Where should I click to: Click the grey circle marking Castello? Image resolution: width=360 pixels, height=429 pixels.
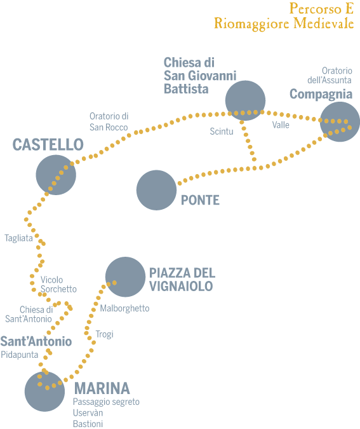click(56, 175)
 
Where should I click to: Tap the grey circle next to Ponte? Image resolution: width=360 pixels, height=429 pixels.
click(156, 190)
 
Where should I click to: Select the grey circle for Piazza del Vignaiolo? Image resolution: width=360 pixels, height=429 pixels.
click(126, 277)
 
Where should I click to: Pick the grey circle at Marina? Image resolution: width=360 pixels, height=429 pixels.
click(44, 392)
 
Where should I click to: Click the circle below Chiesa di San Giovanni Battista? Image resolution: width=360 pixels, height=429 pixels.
click(245, 100)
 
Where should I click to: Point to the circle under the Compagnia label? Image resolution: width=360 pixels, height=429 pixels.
click(340, 122)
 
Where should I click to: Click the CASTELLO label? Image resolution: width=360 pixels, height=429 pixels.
click(48, 144)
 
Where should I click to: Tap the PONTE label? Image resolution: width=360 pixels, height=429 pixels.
click(200, 200)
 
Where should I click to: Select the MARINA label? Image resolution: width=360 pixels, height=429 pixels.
click(102, 388)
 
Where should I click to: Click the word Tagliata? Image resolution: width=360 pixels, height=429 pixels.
click(18, 238)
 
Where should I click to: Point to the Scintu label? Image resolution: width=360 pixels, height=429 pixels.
click(222, 132)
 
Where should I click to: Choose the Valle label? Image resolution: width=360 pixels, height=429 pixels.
click(281, 125)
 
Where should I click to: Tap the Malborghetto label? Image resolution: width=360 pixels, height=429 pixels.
click(124, 309)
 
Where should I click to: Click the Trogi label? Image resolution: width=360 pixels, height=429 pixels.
click(104, 334)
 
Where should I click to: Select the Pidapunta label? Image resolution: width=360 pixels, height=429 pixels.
click(20, 355)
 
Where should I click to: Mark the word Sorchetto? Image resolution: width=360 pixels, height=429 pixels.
click(58, 289)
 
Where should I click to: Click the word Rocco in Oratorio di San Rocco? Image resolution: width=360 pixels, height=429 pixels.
click(116, 128)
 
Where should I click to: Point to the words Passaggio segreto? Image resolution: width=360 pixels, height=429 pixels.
click(106, 402)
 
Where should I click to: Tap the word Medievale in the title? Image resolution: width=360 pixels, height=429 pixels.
click(324, 24)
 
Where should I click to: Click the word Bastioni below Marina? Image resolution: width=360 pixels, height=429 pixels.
click(88, 424)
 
